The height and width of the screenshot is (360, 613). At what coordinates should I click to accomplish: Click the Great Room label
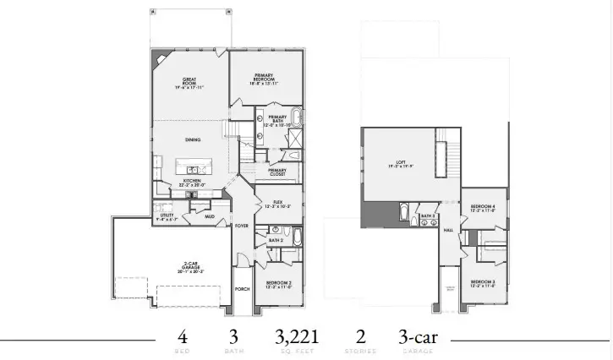pyautogui.click(x=189, y=83)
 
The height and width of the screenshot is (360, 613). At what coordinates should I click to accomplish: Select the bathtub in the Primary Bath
pyautogui.click(x=298, y=117)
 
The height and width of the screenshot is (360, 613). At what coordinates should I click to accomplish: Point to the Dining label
pyautogui.click(x=193, y=139)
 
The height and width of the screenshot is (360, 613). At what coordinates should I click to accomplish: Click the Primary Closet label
pyautogui.click(x=277, y=172)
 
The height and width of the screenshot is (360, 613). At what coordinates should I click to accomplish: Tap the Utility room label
pyautogui.click(x=166, y=216)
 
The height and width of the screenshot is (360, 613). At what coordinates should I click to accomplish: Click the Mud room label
pyautogui.click(x=209, y=216)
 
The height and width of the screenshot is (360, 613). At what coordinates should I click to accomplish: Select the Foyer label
pyautogui.click(x=241, y=226)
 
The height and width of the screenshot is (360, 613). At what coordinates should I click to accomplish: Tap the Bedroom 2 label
pyautogui.click(x=278, y=284)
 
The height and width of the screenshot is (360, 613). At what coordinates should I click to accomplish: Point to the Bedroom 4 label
pyautogui.click(x=482, y=207)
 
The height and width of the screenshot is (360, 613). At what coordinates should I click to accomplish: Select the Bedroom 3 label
pyautogui.click(x=482, y=282)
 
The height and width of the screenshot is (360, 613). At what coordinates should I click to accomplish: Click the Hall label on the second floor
pyautogui.click(x=449, y=229)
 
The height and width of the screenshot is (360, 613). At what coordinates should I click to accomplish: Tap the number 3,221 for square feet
pyautogui.click(x=296, y=335)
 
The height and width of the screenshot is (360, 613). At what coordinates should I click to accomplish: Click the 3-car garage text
pyautogui.click(x=420, y=335)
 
